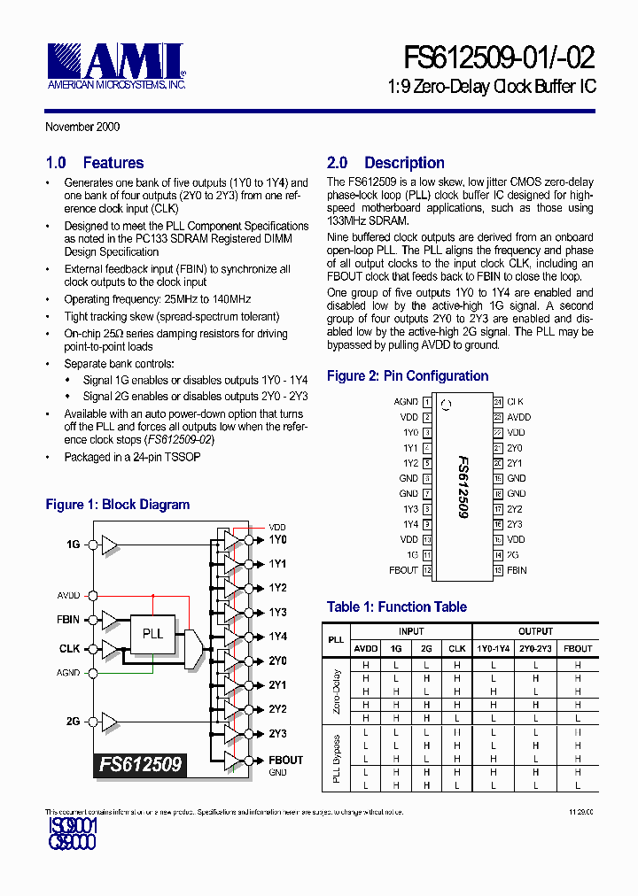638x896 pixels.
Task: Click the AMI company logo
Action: coord(115,64)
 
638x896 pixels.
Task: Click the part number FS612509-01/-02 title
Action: coord(500,58)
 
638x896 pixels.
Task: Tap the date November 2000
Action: coord(82,127)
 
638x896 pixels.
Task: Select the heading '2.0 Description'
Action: coord(385,163)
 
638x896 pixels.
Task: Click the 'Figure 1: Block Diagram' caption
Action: coord(118,505)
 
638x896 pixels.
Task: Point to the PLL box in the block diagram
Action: coord(152,634)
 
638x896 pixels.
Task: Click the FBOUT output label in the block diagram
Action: coord(285,760)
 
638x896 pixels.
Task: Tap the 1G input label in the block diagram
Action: coord(73,545)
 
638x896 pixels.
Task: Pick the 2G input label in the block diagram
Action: coord(73,722)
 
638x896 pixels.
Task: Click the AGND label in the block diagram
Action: coord(69,673)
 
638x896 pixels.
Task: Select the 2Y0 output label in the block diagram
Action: coord(277,661)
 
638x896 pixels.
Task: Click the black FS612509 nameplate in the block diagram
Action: coord(140,763)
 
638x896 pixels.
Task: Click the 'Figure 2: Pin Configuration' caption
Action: coord(408,376)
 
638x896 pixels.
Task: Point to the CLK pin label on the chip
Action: coord(515,402)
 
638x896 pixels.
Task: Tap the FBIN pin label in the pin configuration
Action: coord(517,570)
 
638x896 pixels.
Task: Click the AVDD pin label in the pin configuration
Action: coord(518,417)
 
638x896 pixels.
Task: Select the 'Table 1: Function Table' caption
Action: coord(396,607)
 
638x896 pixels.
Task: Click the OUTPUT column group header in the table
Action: coord(535,631)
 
